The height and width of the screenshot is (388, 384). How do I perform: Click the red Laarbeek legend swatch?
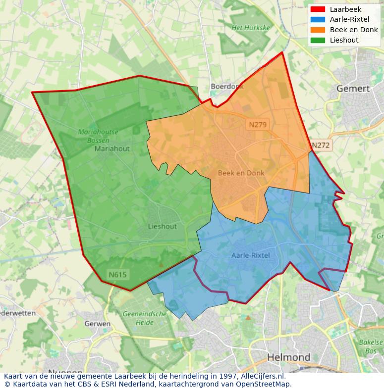[318, 9]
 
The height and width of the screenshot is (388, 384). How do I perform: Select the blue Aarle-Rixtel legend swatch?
[318, 19]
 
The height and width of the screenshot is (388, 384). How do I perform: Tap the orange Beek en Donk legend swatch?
[318, 30]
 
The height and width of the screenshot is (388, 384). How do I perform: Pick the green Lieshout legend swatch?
[318, 40]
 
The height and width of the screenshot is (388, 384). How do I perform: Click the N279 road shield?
[258, 125]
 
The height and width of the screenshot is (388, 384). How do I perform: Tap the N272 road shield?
[321, 145]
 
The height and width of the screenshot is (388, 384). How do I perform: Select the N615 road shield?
[118, 274]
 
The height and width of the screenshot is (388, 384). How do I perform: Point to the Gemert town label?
[353, 89]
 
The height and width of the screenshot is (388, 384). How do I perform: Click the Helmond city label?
[289, 357]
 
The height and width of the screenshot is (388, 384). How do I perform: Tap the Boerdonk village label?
[227, 86]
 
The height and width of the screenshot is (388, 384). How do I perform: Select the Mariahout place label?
[112, 148]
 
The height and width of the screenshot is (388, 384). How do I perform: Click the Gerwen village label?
[98, 324]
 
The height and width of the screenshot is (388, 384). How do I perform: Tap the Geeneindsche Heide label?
[144, 318]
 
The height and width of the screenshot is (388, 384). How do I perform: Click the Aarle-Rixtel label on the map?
[251, 255]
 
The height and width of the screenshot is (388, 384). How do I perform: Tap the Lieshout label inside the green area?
[162, 227]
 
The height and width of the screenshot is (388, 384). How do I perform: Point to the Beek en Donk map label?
[241, 173]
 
